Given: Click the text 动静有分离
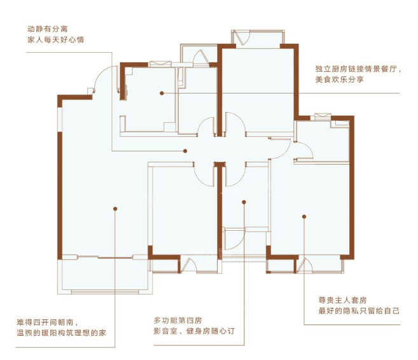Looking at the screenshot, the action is (48, 29).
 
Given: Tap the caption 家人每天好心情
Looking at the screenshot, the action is (56, 39).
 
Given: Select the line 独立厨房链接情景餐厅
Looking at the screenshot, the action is (356, 69).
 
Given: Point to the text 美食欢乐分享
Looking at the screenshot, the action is (339, 80).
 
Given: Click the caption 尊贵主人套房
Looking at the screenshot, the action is (342, 300).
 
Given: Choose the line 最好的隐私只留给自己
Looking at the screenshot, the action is (359, 311).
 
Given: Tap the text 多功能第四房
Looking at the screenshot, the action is (178, 321).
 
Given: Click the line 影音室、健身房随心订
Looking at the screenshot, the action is (194, 331).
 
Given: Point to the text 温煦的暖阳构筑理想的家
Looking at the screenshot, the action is (61, 333).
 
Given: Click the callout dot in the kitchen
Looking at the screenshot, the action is (162, 93).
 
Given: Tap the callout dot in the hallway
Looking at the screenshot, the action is (185, 151).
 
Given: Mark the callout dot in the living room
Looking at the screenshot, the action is (115, 209).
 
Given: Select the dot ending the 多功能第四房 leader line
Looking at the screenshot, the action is (244, 202).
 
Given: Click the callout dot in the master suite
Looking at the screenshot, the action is (304, 217).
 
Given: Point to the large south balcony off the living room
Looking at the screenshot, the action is (105, 276).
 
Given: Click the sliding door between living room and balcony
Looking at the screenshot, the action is (105, 257).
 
